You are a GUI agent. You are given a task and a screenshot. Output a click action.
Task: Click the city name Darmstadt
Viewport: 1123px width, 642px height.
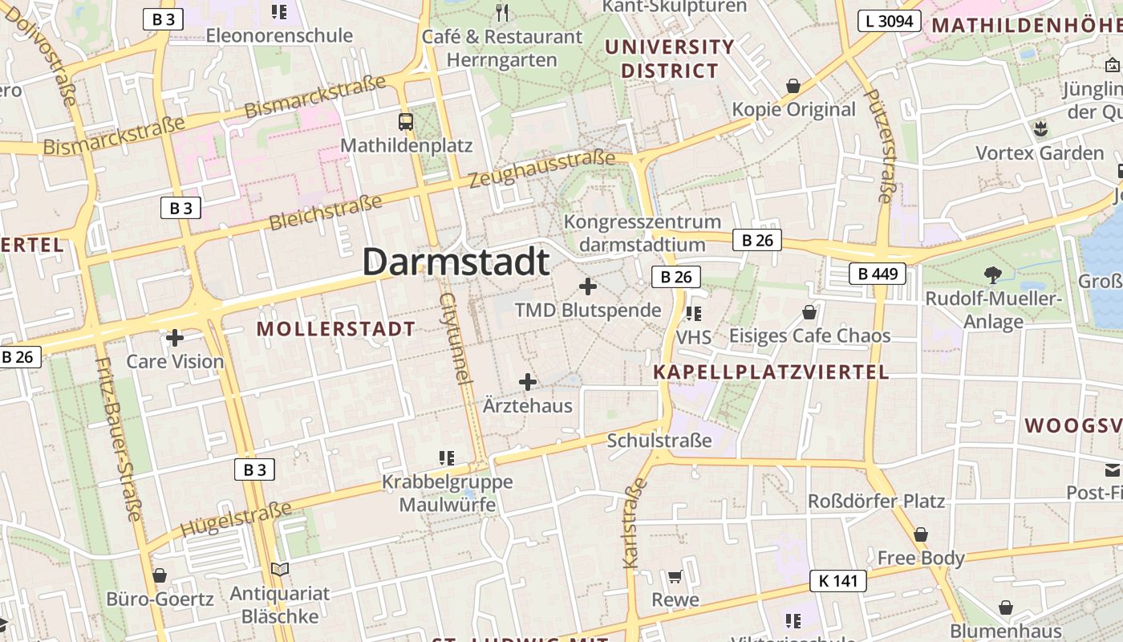pyautogui.click(x=456, y=262)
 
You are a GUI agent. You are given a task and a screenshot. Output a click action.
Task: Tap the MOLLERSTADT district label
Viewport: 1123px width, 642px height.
pyautogui.click(x=336, y=328)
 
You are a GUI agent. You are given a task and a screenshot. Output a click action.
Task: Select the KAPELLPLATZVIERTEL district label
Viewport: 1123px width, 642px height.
pyautogui.click(x=771, y=372)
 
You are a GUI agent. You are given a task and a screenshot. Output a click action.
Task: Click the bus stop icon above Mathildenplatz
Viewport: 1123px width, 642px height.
pyautogui.click(x=406, y=122)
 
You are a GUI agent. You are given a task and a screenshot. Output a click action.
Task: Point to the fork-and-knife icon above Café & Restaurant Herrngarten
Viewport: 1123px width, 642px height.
pyautogui.click(x=502, y=12)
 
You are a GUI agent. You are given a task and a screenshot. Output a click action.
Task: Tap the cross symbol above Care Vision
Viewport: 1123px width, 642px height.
pyautogui.click(x=175, y=338)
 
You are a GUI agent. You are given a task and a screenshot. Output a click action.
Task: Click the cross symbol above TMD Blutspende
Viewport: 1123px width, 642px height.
pyautogui.click(x=588, y=286)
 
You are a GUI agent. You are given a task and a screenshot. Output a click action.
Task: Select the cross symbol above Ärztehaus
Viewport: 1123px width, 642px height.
pyautogui.click(x=528, y=382)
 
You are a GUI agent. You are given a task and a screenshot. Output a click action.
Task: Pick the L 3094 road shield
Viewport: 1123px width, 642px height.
pyautogui.click(x=889, y=21)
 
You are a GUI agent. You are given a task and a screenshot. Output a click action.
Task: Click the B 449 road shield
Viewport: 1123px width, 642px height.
pyautogui.click(x=878, y=274)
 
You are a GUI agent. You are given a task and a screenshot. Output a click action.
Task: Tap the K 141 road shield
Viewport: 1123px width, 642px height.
pyautogui.click(x=838, y=581)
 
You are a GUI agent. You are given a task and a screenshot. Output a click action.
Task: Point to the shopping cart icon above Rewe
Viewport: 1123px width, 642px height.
pyautogui.click(x=675, y=576)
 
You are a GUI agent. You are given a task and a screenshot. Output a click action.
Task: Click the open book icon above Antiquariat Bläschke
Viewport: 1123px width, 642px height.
pyautogui.click(x=279, y=570)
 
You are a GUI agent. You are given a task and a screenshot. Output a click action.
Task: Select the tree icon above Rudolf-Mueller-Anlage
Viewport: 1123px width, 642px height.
pyautogui.click(x=993, y=275)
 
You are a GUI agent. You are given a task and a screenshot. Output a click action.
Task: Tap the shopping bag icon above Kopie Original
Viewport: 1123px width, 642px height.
pyautogui.click(x=793, y=86)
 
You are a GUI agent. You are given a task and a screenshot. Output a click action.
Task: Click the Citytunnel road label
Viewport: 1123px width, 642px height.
pyautogui.click(x=453, y=337)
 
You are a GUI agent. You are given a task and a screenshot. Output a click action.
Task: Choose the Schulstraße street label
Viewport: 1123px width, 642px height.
pyautogui.click(x=659, y=441)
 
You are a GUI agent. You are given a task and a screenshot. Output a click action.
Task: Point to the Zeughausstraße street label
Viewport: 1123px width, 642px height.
pyautogui.click(x=541, y=169)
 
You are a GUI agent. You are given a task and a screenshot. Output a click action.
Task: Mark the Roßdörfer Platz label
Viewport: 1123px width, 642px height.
pyautogui.click(x=876, y=501)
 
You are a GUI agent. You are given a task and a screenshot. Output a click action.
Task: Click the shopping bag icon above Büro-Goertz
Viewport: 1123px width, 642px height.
pyautogui.click(x=160, y=575)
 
